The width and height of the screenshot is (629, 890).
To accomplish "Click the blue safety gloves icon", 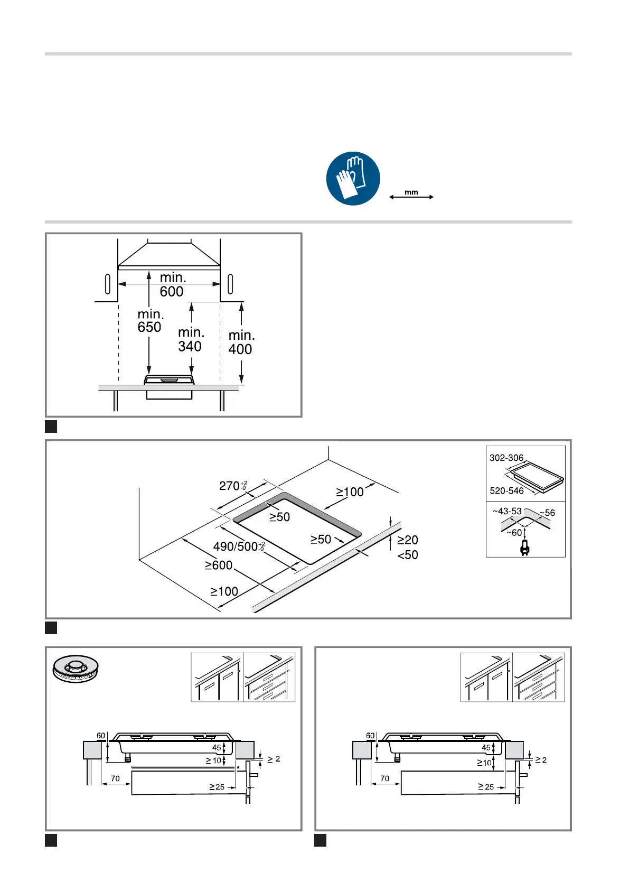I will coord(353,179).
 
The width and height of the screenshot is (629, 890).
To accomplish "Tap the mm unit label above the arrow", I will coord(411,192).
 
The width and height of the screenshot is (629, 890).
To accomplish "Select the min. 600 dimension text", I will coord(172,284).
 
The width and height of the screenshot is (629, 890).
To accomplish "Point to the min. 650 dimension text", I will coord(150,321).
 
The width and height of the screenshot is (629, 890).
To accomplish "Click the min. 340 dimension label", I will coord(191,339).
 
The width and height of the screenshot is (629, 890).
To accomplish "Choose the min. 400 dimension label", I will coord(241,342).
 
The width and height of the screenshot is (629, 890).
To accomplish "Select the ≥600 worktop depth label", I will coord(219,565).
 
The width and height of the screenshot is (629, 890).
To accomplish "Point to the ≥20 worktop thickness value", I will coord(408,540).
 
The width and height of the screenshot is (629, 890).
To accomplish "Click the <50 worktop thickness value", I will coord(408,555).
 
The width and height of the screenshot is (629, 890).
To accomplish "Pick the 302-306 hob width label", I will coord(506,458).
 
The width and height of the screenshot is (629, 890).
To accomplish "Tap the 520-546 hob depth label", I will coord(506,490).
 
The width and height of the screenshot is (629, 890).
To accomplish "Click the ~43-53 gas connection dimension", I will coord(507,511).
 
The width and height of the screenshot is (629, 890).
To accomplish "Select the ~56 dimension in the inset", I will coord(548,513).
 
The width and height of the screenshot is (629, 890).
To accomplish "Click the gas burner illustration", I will coord(76,668).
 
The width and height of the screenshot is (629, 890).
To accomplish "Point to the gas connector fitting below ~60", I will coord(524,548).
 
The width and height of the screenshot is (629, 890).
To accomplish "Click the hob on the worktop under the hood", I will coord(170,379).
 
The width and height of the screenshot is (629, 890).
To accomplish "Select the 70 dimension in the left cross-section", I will coord(115,778).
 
